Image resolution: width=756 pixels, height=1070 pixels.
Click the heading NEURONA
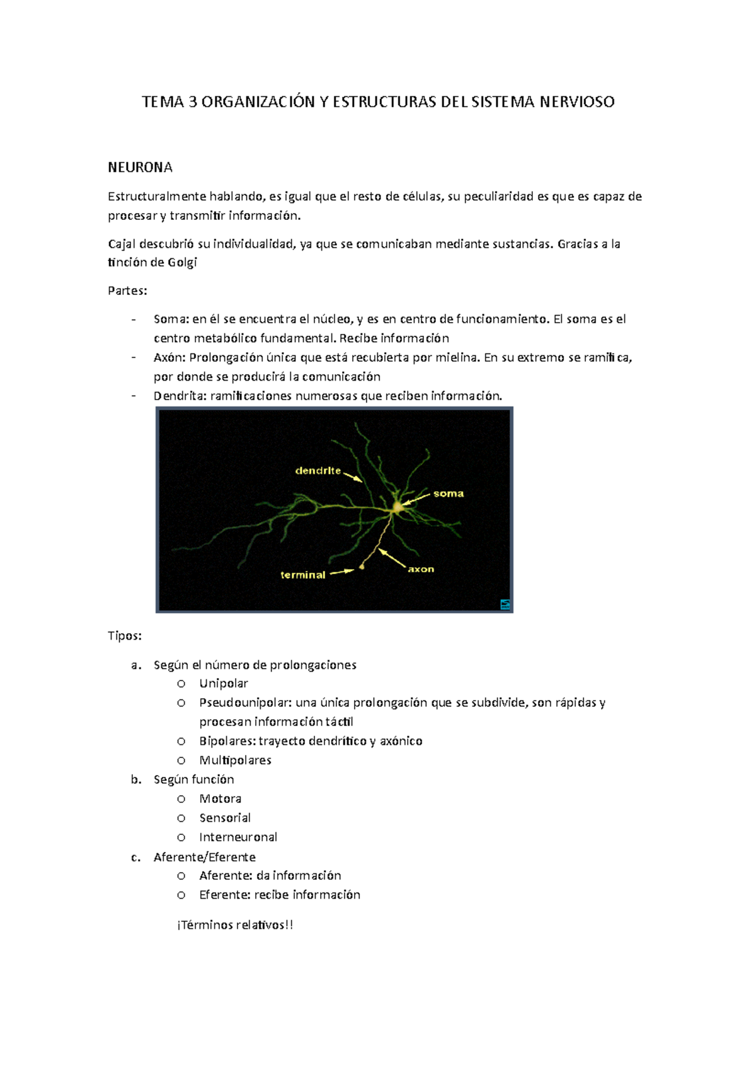140,168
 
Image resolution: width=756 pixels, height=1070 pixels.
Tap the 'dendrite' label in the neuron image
318,471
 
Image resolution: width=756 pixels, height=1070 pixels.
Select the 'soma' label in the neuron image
449,494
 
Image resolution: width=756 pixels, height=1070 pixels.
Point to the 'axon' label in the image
421,570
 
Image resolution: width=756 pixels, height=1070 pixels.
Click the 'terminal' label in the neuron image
303,575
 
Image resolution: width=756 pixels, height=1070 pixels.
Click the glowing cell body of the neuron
398,507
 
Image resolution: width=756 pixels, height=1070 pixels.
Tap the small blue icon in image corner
505,604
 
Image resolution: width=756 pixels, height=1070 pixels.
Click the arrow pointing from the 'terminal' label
342,572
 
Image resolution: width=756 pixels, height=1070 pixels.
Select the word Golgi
182,263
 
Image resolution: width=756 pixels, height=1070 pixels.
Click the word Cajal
122,244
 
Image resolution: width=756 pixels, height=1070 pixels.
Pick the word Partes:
127,291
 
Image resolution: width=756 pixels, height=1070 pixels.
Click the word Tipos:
125,636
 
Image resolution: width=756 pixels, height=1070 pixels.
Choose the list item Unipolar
224,684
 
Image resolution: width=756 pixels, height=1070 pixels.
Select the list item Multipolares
235,761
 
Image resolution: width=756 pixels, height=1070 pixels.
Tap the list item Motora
220,799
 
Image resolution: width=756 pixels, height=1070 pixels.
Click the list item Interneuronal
238,837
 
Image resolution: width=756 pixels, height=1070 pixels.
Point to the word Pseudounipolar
245,703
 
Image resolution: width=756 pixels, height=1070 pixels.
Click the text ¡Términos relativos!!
235,925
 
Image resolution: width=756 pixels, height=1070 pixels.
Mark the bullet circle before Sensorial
181,819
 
